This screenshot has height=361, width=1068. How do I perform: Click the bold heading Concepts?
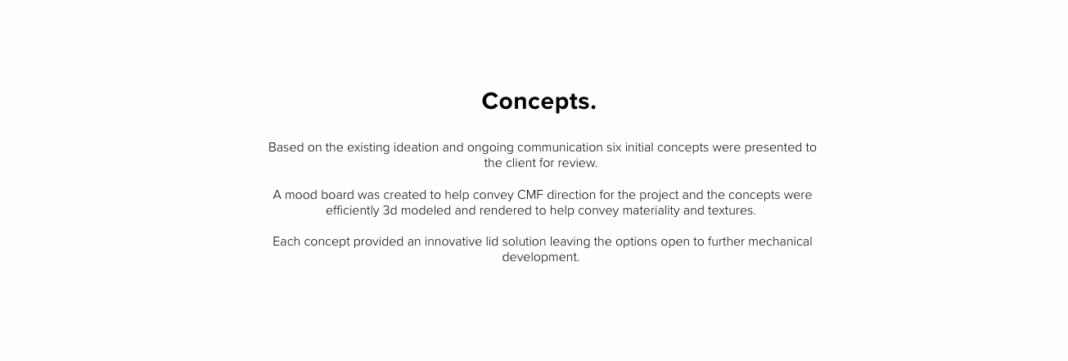(539, 102)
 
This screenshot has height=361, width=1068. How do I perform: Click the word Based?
(286, 147)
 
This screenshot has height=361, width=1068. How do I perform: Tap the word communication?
(560, 147)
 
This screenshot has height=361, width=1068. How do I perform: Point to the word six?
(614, 147)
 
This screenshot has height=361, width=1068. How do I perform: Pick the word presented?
(773, 147)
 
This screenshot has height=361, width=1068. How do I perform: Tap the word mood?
(301, 195)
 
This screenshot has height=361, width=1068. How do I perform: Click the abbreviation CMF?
(530, 195)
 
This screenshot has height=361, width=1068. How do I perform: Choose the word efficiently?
(353, 210)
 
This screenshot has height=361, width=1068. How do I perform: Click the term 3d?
(390, 210)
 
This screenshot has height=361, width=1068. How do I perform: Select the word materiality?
(651, 210)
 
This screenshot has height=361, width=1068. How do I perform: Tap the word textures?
(732, 210)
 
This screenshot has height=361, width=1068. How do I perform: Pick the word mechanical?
(780, 241)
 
